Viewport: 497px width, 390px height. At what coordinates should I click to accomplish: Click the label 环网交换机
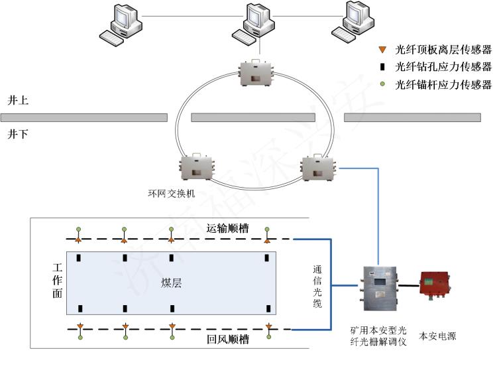[x=172, y=194]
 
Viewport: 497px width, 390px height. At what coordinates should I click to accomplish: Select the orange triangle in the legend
[x=382, y=50]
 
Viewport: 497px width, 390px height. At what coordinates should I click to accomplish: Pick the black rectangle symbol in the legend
[x=382, y=67]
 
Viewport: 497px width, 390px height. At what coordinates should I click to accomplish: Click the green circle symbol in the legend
[x=382, y=84]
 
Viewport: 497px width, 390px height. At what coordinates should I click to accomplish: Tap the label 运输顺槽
[x=227, y=229]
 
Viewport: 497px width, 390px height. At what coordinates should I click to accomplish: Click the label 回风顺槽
[x=227, y=340]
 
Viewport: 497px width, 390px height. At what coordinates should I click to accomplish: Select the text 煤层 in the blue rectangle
[x=172, y=283]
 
